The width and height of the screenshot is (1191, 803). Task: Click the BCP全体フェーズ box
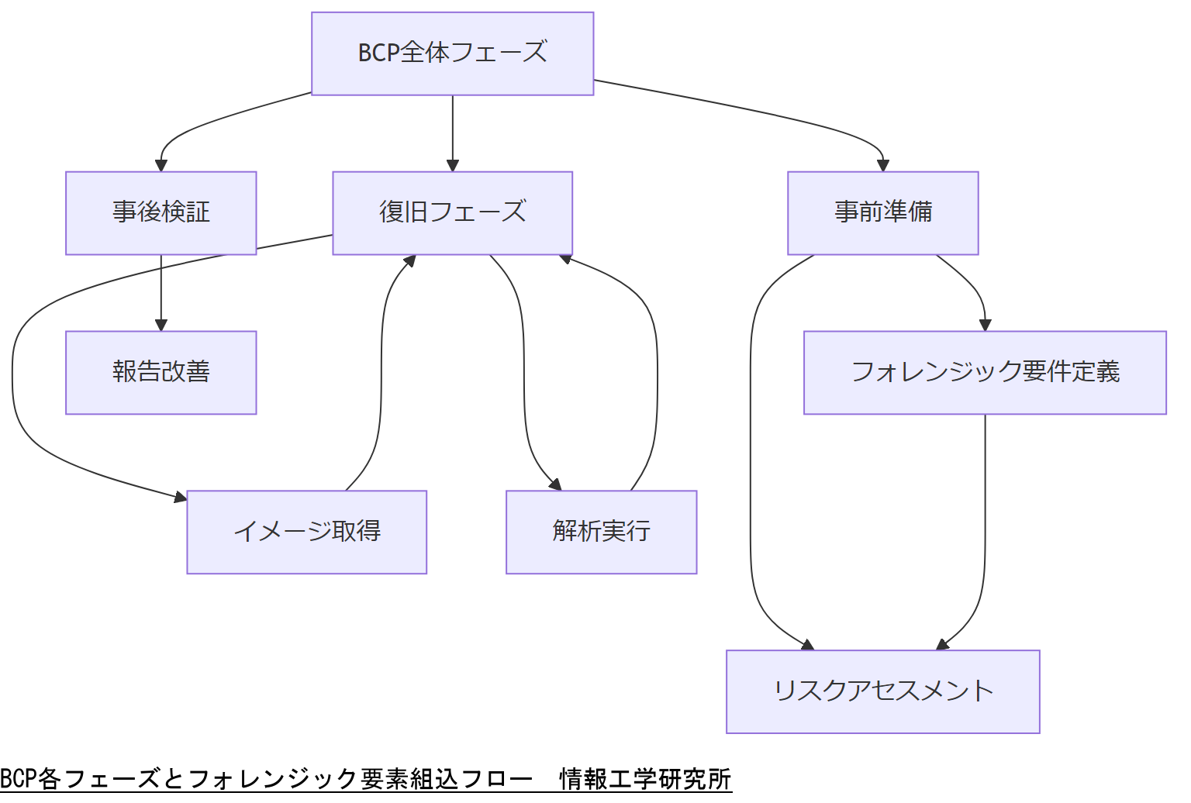coord(452,53)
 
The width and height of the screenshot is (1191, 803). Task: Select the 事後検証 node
coord(161,212)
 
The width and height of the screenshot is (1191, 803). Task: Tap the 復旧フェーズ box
coord(452,212)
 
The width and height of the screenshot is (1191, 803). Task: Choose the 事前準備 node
coord(882,212)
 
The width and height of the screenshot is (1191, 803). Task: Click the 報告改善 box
coord(161,372)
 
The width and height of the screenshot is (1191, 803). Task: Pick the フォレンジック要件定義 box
coord(985,372)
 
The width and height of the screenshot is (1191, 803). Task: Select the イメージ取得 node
coord(306,532)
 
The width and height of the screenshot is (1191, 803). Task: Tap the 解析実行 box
coord(601,532)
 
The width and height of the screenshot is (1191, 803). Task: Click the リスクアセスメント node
coord(882,691)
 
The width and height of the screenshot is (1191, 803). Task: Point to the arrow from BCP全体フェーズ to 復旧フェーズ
coord(453,132)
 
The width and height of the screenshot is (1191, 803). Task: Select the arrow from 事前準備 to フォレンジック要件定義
coord(973,287)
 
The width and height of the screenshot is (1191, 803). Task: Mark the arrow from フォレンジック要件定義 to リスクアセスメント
coord(985,535)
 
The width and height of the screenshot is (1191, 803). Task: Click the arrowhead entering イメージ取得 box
coord(181,497)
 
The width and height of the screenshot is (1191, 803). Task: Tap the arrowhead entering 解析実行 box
coord(555,485)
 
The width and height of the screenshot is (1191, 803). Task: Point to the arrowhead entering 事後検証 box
coord(161,165)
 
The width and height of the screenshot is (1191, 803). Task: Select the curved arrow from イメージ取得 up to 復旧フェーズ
coord(381,372)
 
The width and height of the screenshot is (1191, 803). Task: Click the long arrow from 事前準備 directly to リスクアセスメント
coord(751,465)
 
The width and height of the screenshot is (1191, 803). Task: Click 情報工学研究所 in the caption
coord(645,778)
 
